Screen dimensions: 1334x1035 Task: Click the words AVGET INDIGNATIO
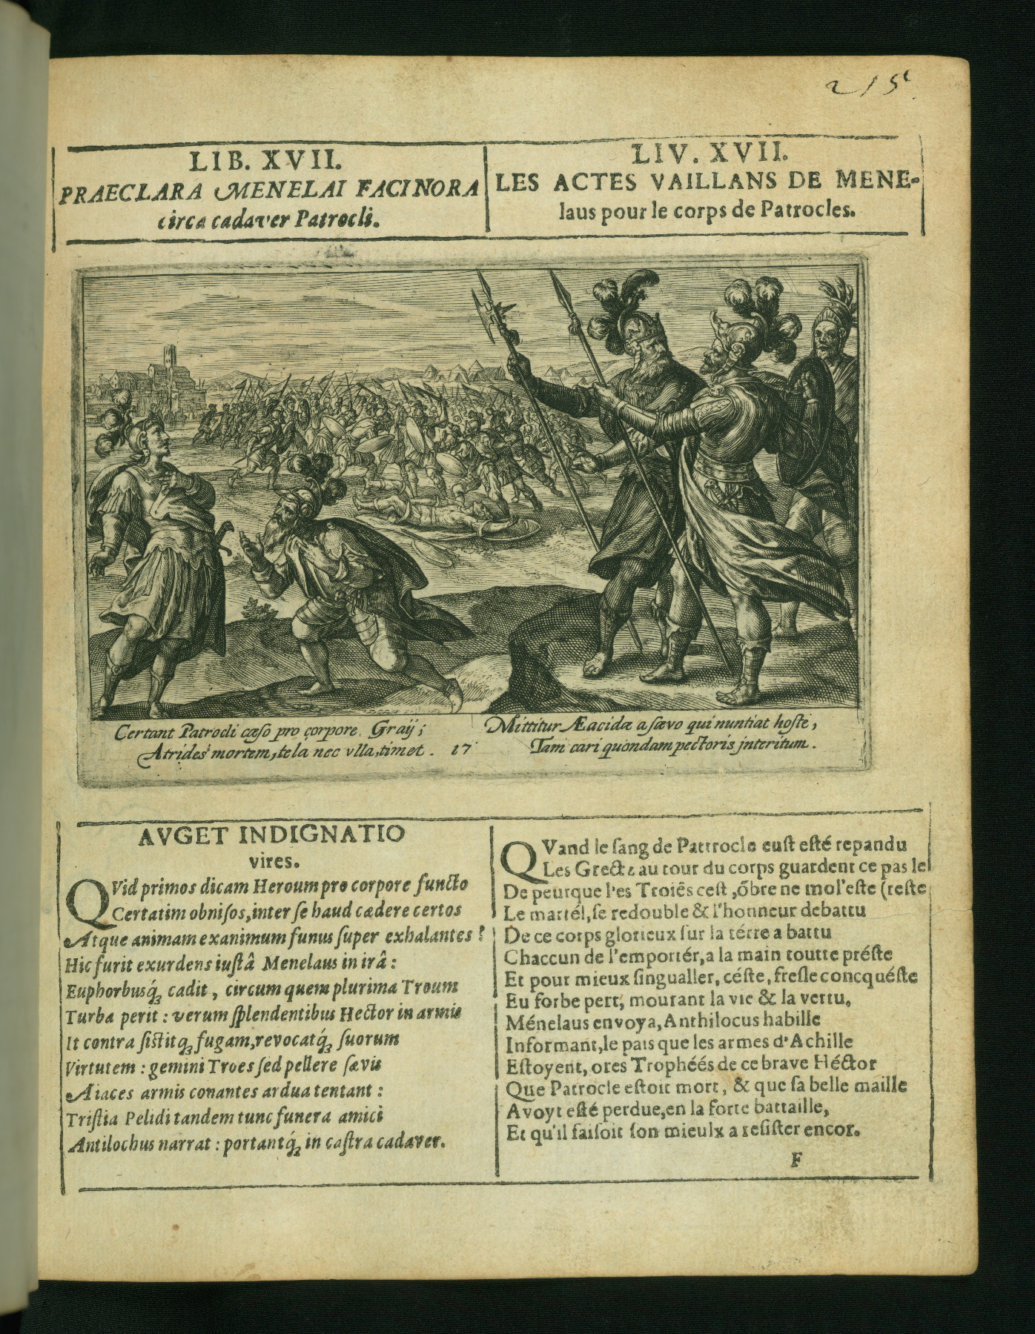pyautogui.click(x=271, y=835)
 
